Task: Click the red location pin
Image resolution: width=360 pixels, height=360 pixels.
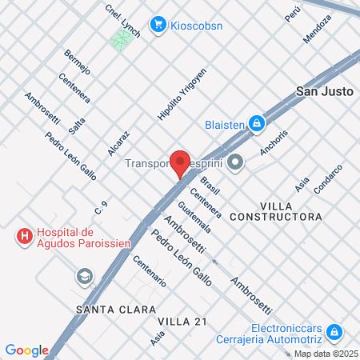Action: click(180, 161)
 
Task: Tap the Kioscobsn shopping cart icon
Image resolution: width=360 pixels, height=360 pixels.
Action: click(158, 24)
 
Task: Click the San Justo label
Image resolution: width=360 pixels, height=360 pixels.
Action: click(325, 91)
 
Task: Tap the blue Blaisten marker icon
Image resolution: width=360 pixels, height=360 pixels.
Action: click(256, 123)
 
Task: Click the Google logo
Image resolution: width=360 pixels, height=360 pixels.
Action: click(26, 350)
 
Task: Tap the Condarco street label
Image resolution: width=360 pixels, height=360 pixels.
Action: click(328, 179)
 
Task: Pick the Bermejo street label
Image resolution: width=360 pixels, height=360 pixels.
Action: click(78, 62)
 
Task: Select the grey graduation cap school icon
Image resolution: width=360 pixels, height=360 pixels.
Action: click(83, 277)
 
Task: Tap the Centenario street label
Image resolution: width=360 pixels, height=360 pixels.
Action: click(150, 270)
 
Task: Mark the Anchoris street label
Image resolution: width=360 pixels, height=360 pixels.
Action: click(273, 142)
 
